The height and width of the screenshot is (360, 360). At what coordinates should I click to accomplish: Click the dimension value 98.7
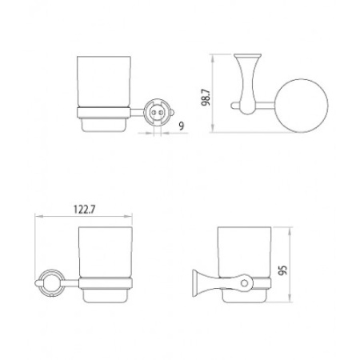click(x=206, y=98)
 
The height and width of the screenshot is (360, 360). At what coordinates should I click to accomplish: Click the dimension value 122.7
click(x=84, y=210)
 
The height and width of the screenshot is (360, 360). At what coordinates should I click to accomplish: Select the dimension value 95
click(x=282, y=270)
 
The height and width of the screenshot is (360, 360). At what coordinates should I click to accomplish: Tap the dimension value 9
click(x=182, y=126)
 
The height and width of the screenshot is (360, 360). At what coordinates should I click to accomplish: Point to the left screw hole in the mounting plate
click(x=154, y=113)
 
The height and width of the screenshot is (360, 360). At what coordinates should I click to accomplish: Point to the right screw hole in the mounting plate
click(x=161, y=113)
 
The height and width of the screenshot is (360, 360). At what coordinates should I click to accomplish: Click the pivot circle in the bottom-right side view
click(x=244, y=283)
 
